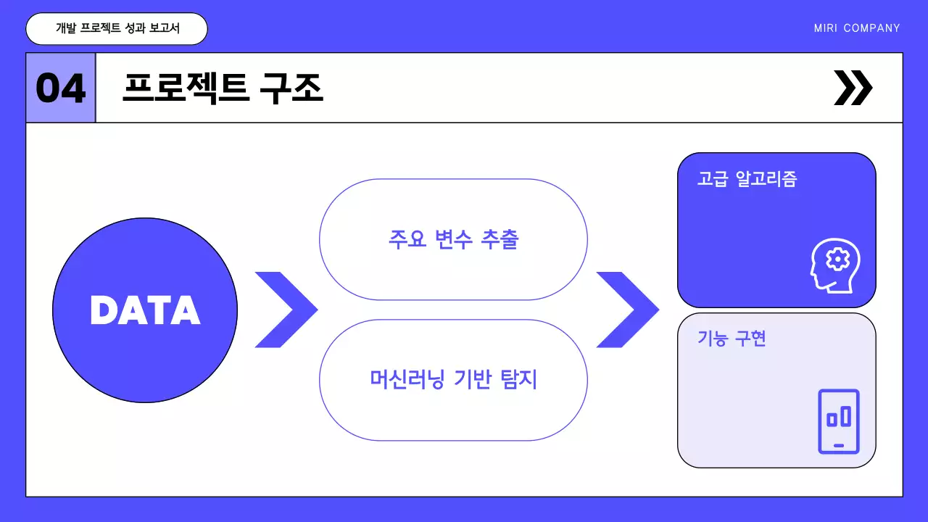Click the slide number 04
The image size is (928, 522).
(x=61, y=88)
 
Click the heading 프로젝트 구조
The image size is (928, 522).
(x=223, y=88)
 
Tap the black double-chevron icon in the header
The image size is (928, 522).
(x=853, y=88)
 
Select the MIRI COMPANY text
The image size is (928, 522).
(x=857, y=28)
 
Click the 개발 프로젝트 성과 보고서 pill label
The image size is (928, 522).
(x=117, y=28)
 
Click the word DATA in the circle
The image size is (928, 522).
(x=145, y=310)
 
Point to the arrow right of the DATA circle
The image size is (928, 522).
(x=284, y=310)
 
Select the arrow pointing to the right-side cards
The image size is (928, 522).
(x=626, y=310)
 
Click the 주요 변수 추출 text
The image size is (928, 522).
(x=453, y=239)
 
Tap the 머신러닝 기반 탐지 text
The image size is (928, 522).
(x=453, y=379)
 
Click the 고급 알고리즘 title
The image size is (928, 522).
(x=747, y=179)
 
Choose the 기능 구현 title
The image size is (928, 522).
(x=732, y=338)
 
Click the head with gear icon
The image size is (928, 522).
(x=835, y=265)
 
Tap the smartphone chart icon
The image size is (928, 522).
(x=839, y=421)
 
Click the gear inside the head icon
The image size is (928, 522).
(x=839, y=258)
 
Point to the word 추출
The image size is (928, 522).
(x=500, y=239)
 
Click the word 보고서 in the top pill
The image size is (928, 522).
(x=164, y=28)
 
